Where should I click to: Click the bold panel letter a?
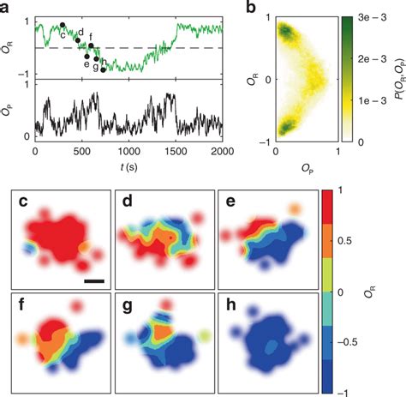(x=6, y=8)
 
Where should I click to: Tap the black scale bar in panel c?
(x=94, y=279)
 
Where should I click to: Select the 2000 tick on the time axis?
(x=221, y=151)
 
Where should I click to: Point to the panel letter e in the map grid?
(x=234, y=203)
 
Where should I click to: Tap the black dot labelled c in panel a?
(x=62, y=26)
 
